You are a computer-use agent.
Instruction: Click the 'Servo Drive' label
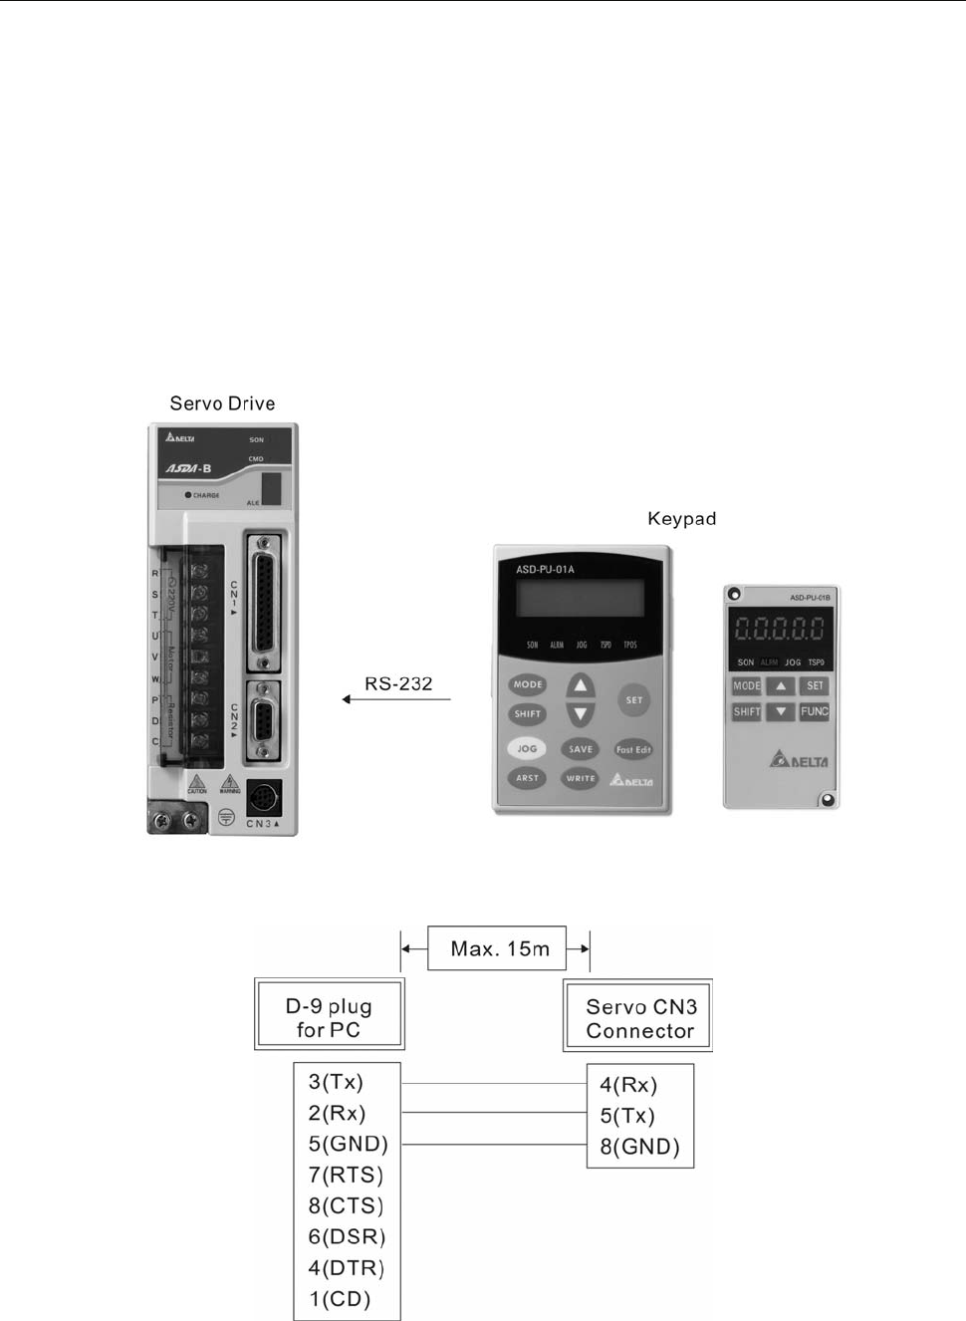click(222, 403)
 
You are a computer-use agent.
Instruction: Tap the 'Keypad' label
click(681, 519)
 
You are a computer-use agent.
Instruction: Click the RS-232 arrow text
click(398, 684)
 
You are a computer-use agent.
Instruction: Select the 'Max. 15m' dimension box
click(497, 948)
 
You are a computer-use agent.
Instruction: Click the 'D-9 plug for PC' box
click(330, 1017)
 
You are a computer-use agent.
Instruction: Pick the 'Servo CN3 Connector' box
click(638, 1017)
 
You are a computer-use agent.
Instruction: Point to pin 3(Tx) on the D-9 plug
click(337, 1082)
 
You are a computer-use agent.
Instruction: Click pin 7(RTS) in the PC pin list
click(346, 1175)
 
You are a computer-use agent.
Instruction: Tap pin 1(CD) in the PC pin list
click(340, 1299)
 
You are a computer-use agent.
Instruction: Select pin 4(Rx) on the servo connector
click(628, 1085)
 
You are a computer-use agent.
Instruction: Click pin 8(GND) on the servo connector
click(639, 1147)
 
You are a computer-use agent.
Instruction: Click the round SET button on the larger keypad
click(634, 699)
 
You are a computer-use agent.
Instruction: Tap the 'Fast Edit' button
click(633, 749)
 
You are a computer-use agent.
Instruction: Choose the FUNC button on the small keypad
click(814, 711)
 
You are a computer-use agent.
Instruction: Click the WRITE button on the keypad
click(581, 778)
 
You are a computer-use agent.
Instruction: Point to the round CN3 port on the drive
click(263, 798)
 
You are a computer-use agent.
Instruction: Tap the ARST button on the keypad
click(527, 778)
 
